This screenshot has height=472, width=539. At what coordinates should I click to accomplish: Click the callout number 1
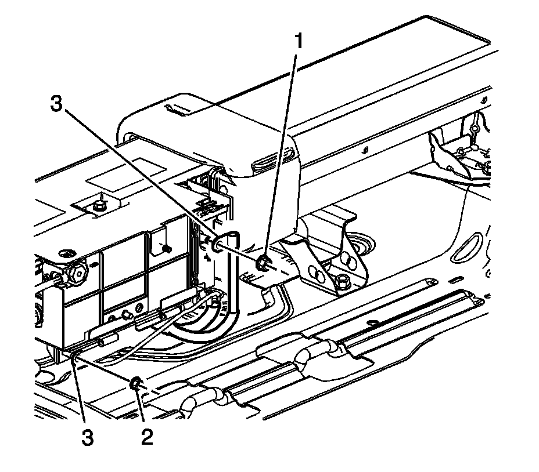(300, 42)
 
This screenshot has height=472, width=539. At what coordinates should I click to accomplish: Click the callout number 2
(147, 436)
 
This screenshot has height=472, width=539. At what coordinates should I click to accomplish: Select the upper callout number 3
(56, 105)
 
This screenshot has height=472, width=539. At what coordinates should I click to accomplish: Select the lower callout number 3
(87, 436)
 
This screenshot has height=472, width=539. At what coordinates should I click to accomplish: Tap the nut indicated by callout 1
(263, 264)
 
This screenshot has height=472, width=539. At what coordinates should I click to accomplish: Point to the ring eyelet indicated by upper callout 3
(220, 244)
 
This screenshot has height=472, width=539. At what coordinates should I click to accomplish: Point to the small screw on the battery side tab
(165, 248)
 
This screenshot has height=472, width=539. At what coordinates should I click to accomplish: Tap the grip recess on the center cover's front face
(267, 162)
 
